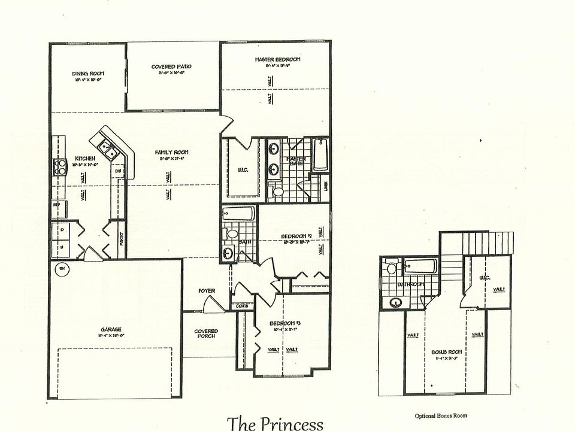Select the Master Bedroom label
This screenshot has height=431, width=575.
point(277,59)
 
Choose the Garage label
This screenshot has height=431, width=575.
point(111,329)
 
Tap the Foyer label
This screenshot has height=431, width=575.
point(207,291)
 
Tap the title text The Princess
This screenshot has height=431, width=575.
point(275,423)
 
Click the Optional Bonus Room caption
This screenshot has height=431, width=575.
point(440,415)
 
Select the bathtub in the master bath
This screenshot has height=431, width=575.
point(320,153)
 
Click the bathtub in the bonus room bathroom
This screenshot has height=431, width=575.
point(422,265)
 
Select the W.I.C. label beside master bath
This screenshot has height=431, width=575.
point(243,170)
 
